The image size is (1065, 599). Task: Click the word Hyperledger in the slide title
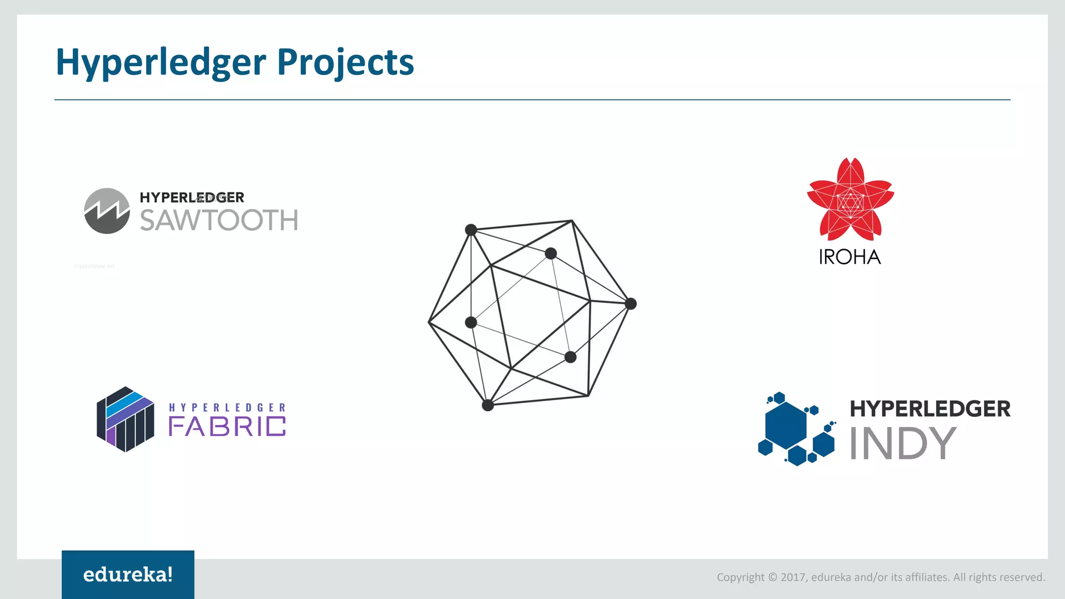click(x=161, y=62)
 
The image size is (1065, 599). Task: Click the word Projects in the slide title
click(x=345, y=62)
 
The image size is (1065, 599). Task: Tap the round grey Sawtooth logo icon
click(x=107, y=211)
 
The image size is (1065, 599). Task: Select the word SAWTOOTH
click(x=219, y=220)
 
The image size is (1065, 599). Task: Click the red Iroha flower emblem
click(x=850, y=200)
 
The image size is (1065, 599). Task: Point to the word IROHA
click(x=850, y=257)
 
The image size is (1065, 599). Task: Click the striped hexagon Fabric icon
click(x=125, y=419)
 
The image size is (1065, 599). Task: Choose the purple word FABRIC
click(x=227, y=426)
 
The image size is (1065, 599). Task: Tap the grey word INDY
click(x=903, y=443)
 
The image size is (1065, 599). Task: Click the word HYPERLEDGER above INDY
click(x=930, y=409)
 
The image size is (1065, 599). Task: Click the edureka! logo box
click(x=128, y=575)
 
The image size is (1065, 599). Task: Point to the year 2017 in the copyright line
click(x=793, y=577)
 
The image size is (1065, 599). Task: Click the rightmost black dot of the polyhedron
click(x=630, y=304)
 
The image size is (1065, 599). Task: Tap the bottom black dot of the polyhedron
click(x=488, y=405)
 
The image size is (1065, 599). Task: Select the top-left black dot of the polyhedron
click(x=471, y=230)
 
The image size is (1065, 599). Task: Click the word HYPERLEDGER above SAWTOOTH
click(x=192, y=198)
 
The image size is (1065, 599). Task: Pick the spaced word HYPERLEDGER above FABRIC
click(x=227, y=408)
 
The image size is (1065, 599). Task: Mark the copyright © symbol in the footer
click(x=772, y=577)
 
